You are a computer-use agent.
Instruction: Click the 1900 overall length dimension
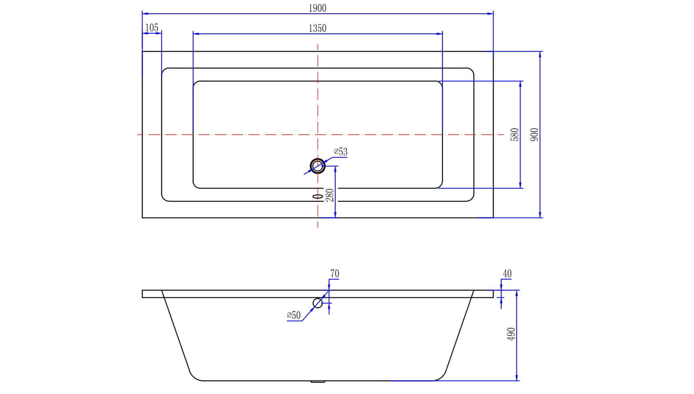(318, 8)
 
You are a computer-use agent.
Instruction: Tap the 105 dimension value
(152, 28)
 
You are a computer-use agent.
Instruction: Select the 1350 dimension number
(318, 29)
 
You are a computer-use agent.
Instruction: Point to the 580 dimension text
(514, 135)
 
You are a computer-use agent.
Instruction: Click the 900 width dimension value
(535, 135)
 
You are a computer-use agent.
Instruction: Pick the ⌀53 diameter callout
(341, 152)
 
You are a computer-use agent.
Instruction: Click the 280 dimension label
(330, 195)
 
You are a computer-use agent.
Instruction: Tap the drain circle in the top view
(318, 166)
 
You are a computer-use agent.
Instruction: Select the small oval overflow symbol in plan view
(318, 196)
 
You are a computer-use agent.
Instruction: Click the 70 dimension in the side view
(335, 274)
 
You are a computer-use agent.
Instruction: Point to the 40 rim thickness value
(507, 274)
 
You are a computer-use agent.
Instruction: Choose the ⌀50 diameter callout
(294, 315)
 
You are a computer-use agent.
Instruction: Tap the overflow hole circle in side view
(318, 303)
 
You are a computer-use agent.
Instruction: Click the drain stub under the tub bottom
(318, 382)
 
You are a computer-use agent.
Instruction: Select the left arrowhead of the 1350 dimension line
(196, 34)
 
